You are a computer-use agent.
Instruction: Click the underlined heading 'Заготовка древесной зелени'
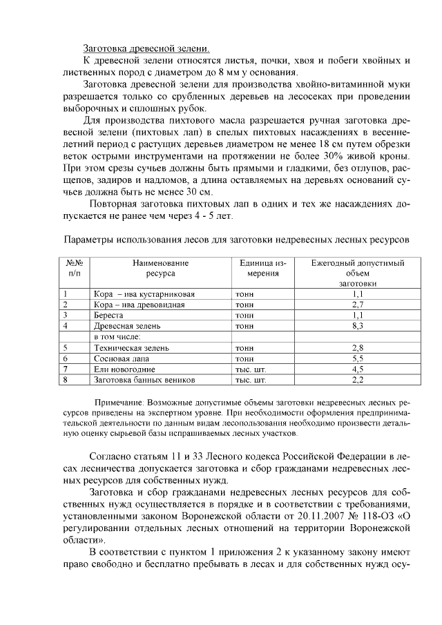coord(145,48)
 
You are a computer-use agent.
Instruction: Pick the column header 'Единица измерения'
coord(263,268)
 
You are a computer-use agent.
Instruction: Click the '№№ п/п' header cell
coord(75,268)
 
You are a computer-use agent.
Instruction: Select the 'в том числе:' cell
coord(117,336)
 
